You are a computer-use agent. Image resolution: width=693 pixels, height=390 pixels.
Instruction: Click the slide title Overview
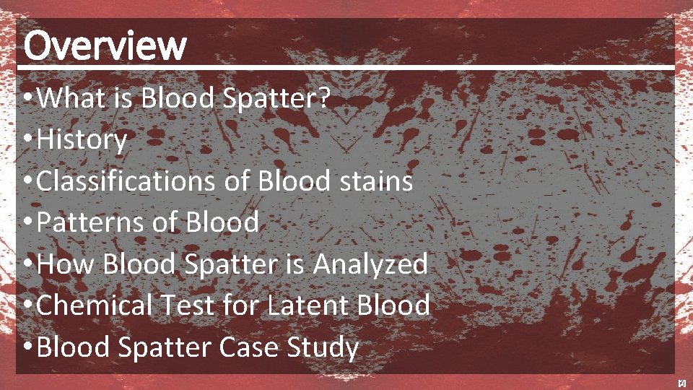coord(105,45)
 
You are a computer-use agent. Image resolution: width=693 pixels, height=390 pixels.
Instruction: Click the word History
coord(82,140)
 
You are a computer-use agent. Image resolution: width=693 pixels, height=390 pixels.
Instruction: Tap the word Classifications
coord(126,181)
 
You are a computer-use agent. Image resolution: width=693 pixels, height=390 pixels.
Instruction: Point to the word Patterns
coord(90,222)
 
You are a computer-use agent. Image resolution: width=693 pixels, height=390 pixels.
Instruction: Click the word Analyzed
coord(370,264)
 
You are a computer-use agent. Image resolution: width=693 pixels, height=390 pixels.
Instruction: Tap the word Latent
coord(308,305)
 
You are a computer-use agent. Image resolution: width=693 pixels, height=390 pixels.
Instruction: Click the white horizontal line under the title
coord(346,67)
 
